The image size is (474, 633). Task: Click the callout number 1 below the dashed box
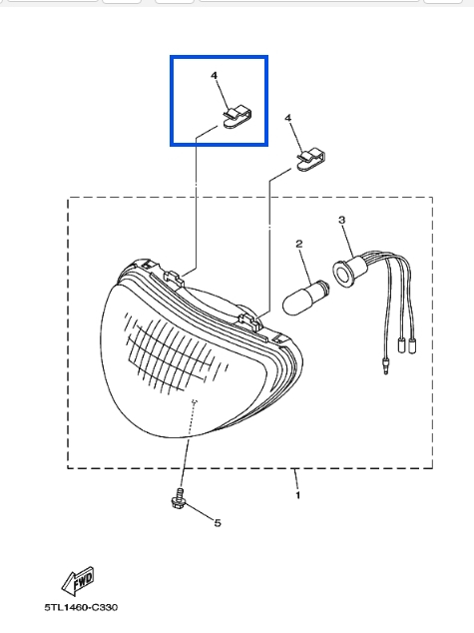tap(298, 494)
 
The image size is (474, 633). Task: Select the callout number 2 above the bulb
tap(299, 244)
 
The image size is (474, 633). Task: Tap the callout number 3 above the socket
tap(341, 220)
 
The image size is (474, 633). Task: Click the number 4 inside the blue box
tap(215, 75)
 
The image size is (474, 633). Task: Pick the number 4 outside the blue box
tap(288, 118)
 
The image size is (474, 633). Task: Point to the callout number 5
tap(218, 523)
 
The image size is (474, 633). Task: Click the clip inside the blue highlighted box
tap(237, 118)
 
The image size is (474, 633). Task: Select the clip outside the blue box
tap(310, 161)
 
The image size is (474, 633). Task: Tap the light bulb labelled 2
tap(306, 298)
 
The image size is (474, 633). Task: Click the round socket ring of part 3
tap(342, 275)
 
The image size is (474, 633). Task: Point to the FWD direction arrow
tap(78, 580)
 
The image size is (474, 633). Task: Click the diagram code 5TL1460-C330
tap(81, 607)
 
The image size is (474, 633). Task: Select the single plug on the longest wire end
tap(386, 365)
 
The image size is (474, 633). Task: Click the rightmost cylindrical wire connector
tap(412, 346)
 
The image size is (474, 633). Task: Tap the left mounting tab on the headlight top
tap(174, 278)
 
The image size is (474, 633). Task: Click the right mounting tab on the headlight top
tap(249, 320)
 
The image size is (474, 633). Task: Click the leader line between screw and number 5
tap(200, 513)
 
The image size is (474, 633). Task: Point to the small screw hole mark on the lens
tap(195, 401)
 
